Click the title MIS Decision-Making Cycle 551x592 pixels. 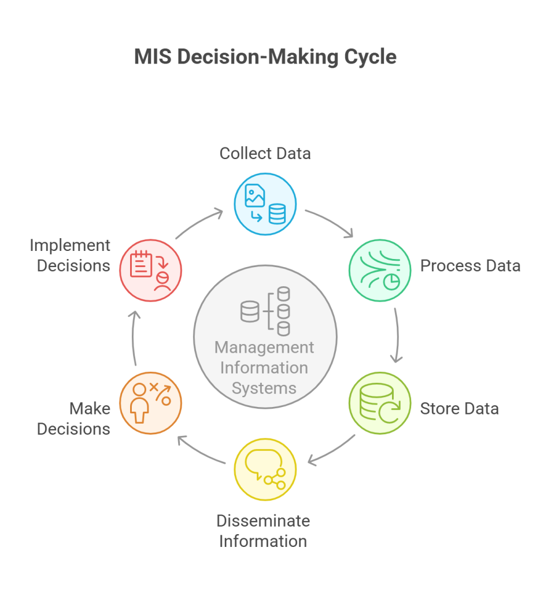(265, 57)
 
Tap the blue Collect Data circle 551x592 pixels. (265, 204)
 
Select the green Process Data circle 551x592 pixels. (380, 270)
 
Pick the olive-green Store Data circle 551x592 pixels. (380, 403)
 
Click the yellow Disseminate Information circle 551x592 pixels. (265, 469)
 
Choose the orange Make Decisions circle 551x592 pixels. (150, 403)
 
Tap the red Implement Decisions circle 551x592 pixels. (150, 270)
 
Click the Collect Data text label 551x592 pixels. (265, 153)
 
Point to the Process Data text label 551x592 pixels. (470, 266)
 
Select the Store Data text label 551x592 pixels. (459, 409)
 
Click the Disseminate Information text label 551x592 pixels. (263, 531)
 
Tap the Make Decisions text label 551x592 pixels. (74, 419)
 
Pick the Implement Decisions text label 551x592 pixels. (70, 255)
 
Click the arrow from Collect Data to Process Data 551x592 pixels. (330, 223)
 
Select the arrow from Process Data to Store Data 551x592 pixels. (397, 335)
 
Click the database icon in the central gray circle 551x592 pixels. (265, 310)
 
